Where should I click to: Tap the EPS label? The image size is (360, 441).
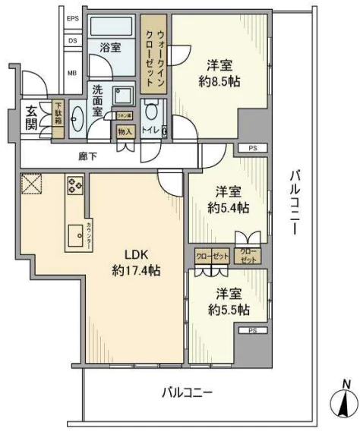click(x=73, y=19)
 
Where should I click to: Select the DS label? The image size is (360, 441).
click(x=73, y=41)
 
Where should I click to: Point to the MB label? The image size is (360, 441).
click(x=72, y=73)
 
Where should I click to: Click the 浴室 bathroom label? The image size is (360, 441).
click(x=111, y=47)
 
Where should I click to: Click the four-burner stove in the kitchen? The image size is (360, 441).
click(x=76, y=186)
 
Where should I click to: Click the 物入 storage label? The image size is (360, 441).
click(x=125, y=131)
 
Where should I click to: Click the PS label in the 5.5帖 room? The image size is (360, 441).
click(x=251, y=330)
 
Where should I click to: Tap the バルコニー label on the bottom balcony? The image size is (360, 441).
click(x=186, y=392)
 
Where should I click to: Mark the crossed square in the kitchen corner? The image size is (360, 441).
click(x=30, y=184)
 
